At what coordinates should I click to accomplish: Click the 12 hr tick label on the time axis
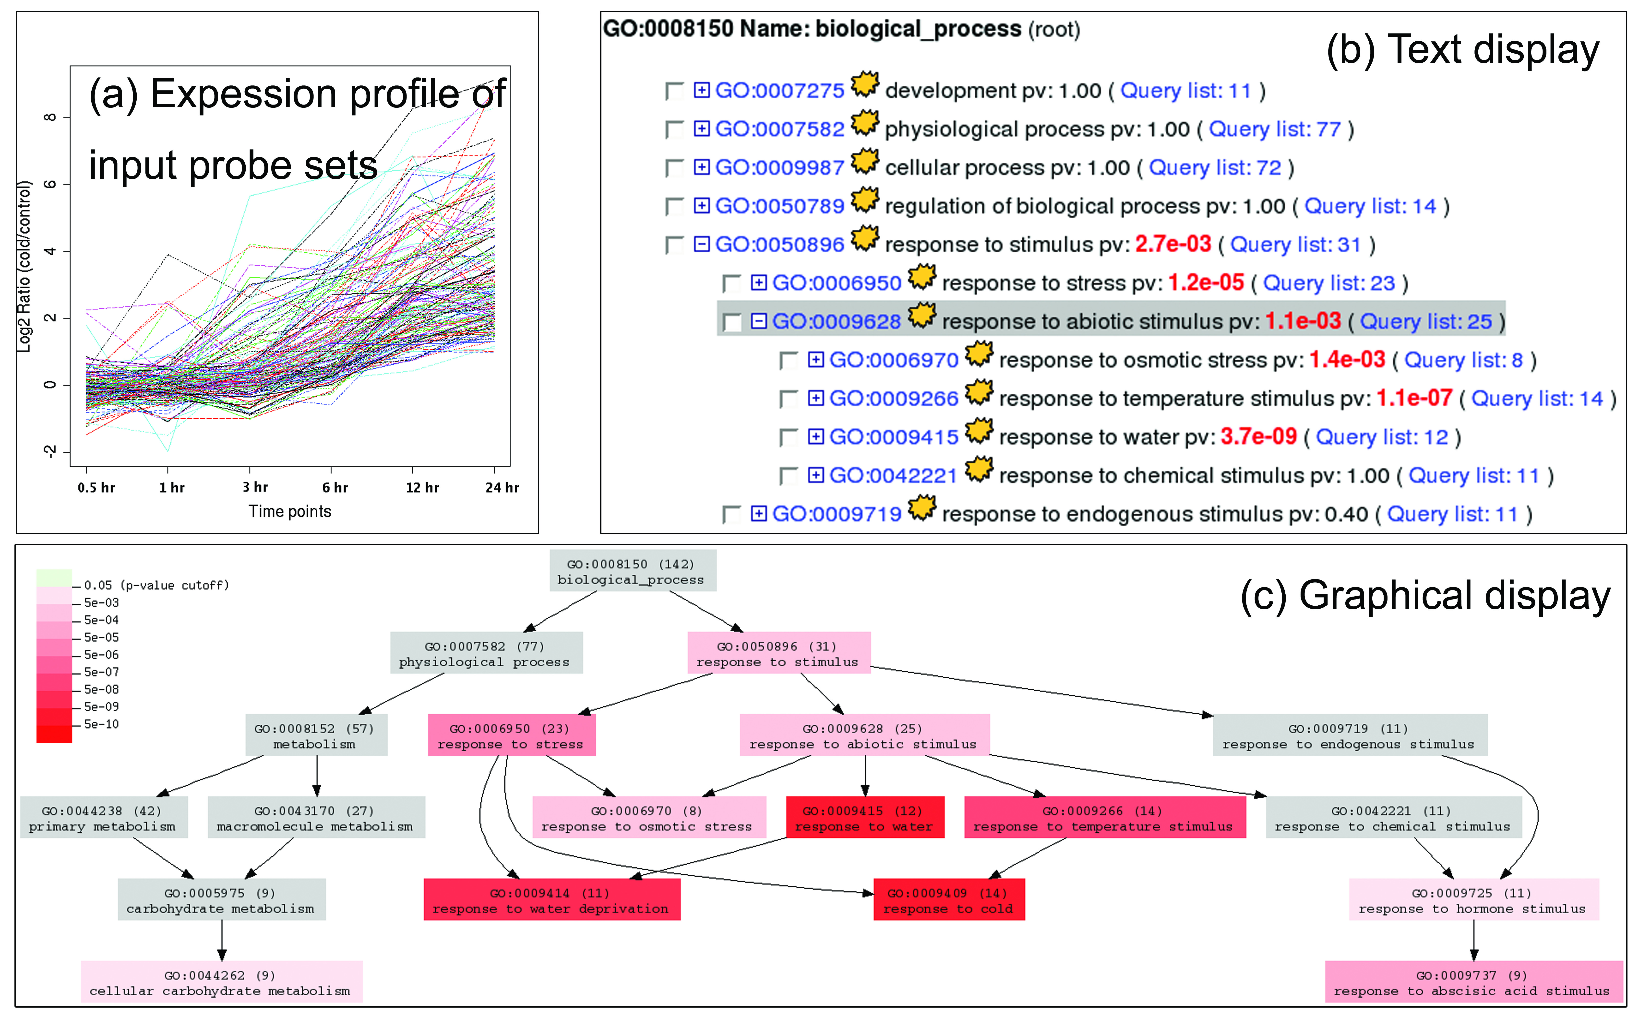point(422,487)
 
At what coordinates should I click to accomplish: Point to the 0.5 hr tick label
point(96,487)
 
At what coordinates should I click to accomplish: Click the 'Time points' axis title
point(290,511)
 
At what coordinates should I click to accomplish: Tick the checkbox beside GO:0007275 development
point(673,91)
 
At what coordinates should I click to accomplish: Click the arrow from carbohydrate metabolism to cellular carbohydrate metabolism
point(222,940)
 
